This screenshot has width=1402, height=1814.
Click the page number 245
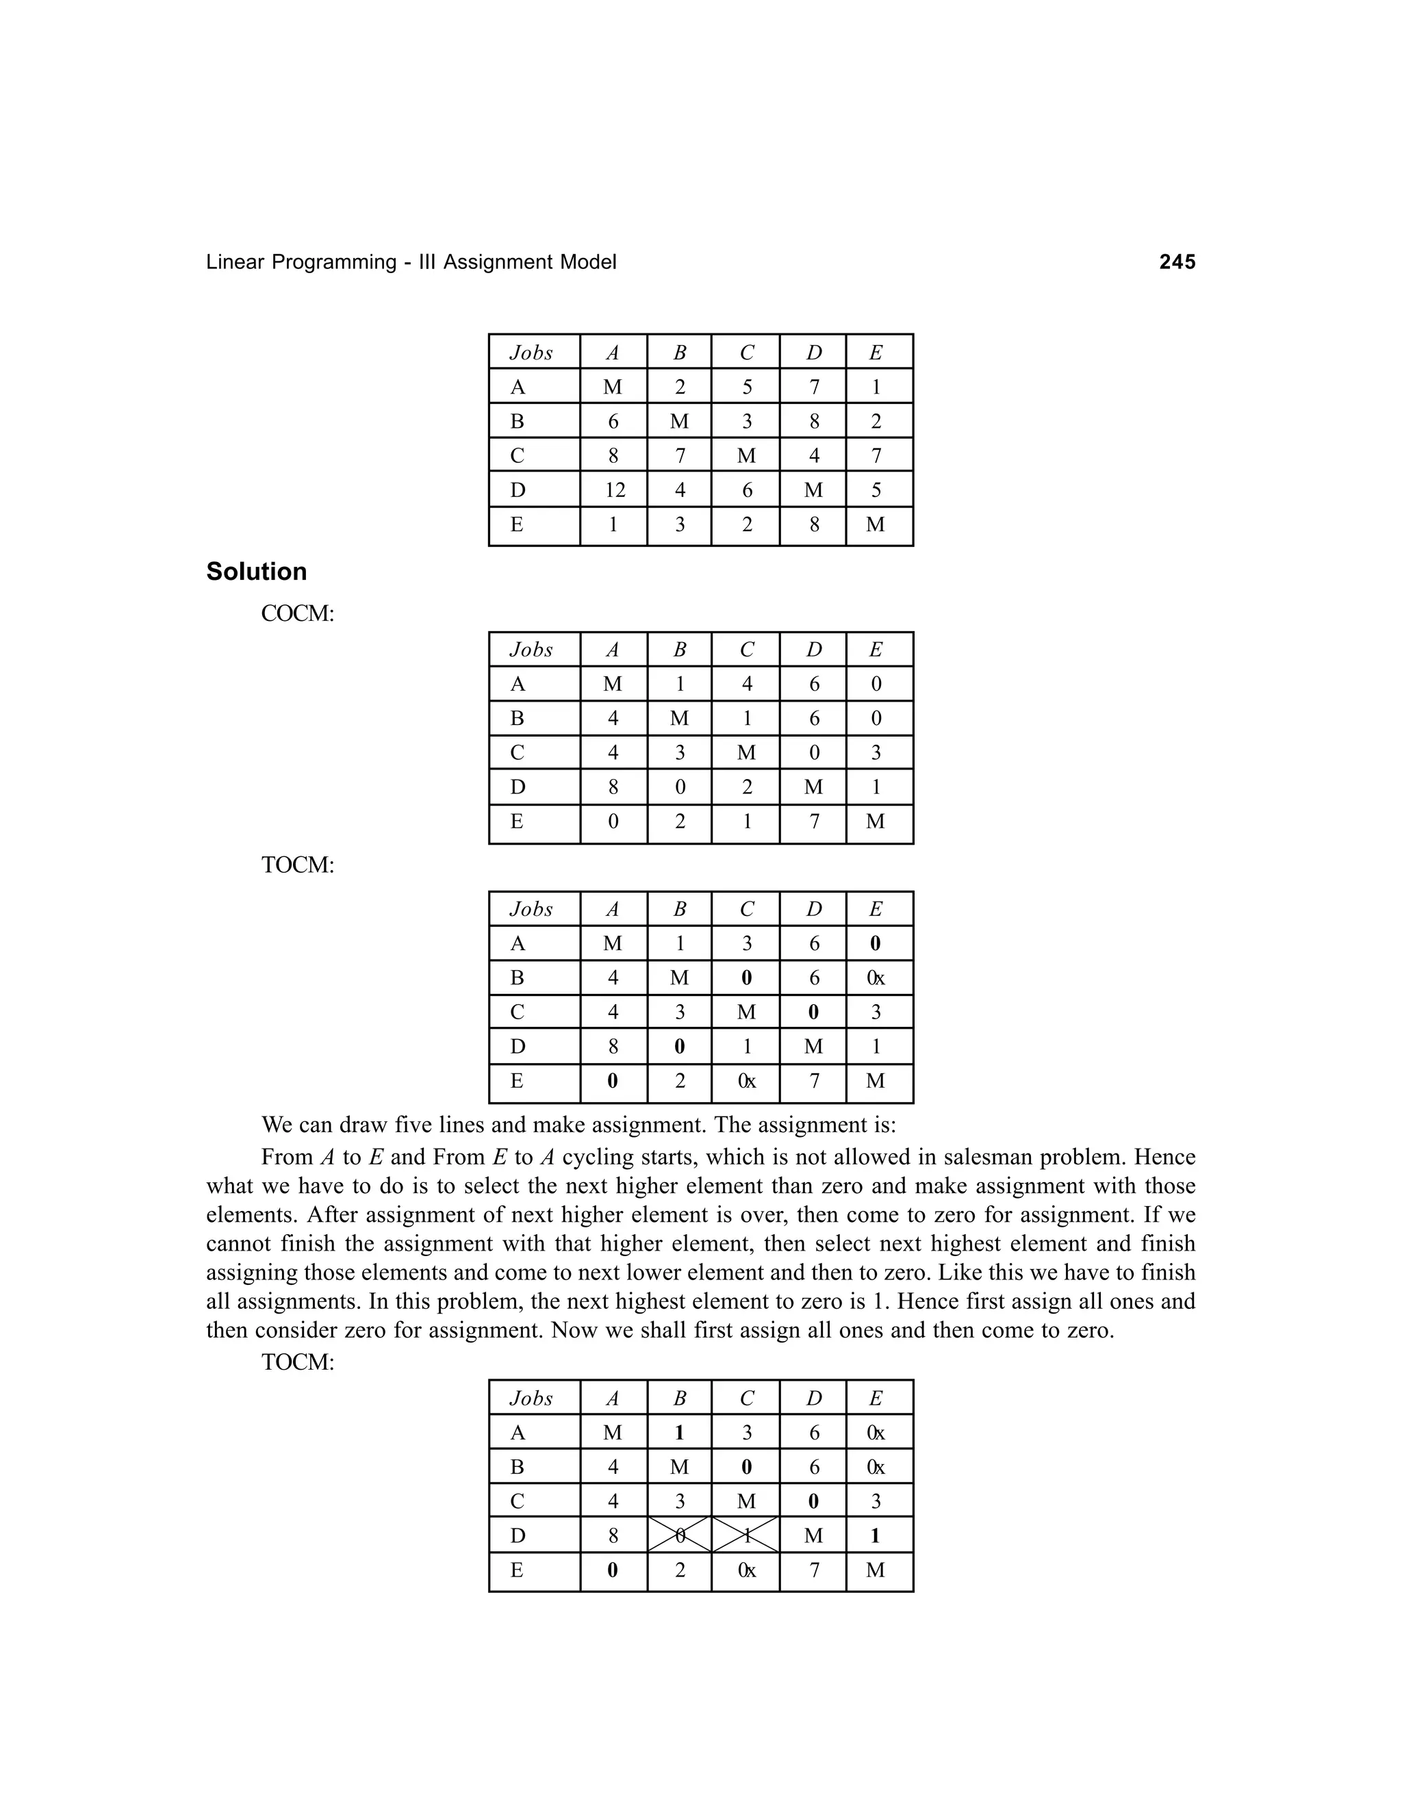coord(1177,262)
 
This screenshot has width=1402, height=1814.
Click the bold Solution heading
coord(257,572)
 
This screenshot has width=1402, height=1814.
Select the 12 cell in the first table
coord(614,490)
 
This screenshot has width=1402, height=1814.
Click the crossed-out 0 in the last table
coord(679,1536)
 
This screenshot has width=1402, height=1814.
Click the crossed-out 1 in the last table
coord(746,1536)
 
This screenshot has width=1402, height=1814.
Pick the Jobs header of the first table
coord(531,353)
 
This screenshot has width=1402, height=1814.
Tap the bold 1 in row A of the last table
coord(679,1433)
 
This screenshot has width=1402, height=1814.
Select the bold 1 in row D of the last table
coord(876,1536)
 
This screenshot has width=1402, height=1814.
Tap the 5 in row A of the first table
coord(747,387)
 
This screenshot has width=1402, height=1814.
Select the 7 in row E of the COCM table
coord(814,821)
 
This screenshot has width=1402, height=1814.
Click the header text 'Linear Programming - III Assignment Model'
coord(411,262)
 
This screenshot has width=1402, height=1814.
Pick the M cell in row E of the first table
coord(876,525)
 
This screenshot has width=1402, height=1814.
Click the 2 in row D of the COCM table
coord(747,787)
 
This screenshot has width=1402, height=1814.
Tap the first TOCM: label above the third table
coord(297,865)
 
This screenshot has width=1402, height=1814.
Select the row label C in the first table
coord(518,456)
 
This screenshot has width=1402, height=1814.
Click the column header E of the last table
coord(876,1398)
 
